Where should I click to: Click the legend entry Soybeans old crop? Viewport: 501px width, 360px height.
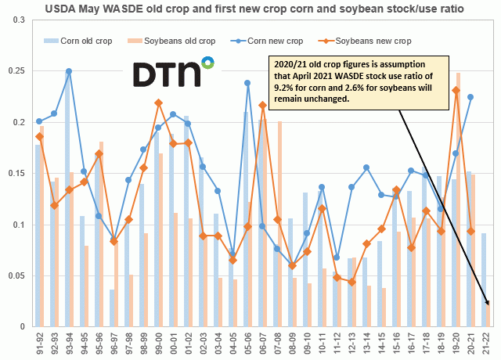185,40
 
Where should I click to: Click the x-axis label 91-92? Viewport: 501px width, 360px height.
40,341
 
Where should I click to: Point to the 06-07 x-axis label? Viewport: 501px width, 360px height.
263,341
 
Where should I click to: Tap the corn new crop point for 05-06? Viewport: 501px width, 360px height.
247,83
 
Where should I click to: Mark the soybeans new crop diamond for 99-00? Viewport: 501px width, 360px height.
158,103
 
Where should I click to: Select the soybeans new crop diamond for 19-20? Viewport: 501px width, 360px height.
456,90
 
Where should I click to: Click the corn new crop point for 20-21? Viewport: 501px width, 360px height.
470,97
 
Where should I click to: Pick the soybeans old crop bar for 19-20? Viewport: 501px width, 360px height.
459,200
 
